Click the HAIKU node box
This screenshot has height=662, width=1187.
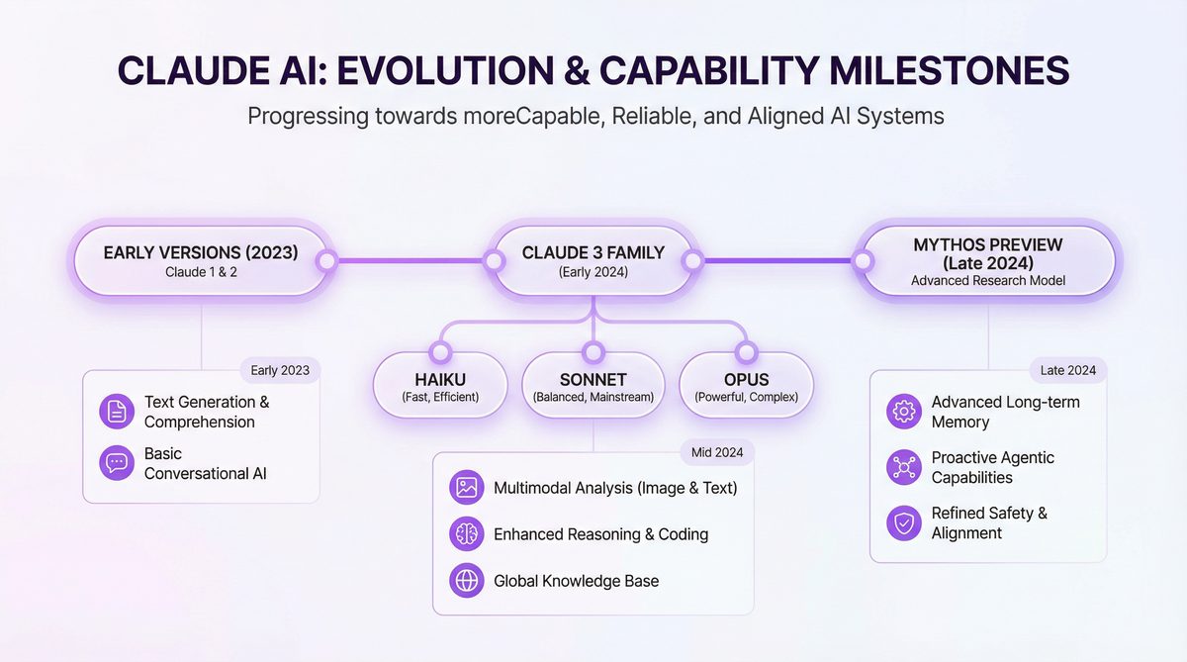[439, 386]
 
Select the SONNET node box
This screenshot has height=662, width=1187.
[593, 386]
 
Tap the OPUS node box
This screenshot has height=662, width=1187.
[746, 386]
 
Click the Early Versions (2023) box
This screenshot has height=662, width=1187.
[201, 261]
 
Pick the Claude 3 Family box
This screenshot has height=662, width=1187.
[593, 261]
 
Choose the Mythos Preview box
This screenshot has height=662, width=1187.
[988, 261]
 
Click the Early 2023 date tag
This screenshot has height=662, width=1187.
[280, 371]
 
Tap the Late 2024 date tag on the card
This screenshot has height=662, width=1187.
[1067, 371]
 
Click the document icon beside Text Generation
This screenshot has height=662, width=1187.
[117, 412]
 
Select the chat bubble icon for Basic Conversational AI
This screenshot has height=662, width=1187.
[117, 463]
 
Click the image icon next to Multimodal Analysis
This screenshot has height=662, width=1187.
[466, 487]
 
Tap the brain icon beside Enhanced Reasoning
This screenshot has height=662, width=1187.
[466, 534]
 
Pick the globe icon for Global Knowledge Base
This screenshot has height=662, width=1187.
[466, 581]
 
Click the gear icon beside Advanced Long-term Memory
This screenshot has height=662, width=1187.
[904, 412]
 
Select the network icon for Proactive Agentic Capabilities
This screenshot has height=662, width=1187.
[904, 467]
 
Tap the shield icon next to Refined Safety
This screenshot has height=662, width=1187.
[904, 522]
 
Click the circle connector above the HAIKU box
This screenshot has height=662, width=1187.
[439, 350]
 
